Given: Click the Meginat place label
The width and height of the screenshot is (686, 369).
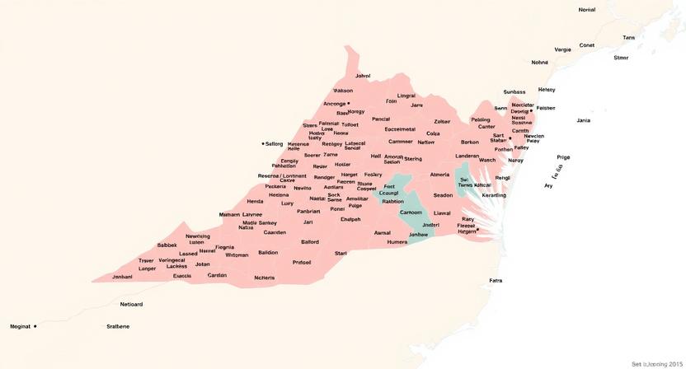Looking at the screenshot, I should point(19,326).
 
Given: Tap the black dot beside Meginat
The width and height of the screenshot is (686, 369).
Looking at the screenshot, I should point(35,326).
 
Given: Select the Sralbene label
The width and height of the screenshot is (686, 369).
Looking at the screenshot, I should point(118,326).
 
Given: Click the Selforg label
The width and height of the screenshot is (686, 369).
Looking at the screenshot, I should point(274,143).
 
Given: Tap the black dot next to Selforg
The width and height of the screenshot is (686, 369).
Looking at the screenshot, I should point(262,143).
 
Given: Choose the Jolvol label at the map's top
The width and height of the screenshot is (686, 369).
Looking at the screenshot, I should point(362,76).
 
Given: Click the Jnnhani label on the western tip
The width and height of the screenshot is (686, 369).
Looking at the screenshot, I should point(122,277).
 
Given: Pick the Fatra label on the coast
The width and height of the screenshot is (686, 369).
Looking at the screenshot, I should point(496,281).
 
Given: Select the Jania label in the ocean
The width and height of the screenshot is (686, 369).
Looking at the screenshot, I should point(583,120).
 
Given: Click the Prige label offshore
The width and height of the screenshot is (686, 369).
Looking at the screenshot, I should point(563,156).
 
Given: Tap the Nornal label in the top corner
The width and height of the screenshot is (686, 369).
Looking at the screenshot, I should point(586,10).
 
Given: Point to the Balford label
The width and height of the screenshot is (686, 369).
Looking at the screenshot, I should point(310,242).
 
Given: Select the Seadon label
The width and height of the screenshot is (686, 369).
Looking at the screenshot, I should point(443,195).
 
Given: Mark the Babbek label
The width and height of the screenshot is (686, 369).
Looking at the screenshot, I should point(167,245).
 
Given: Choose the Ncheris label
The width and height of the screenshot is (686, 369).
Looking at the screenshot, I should point(264,278).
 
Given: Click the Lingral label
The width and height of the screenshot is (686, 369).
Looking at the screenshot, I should point(406,96).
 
